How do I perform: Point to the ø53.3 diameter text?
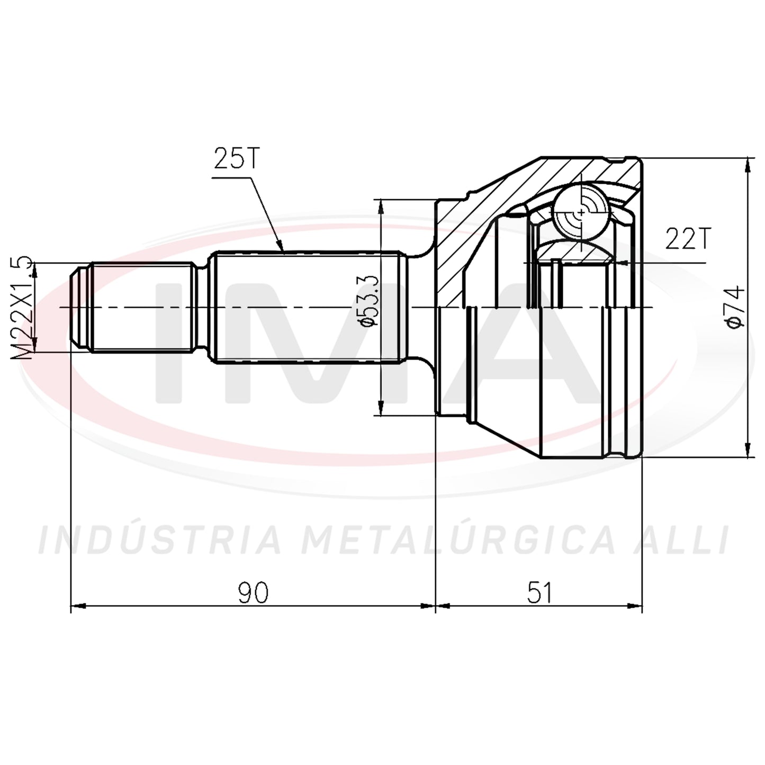367,300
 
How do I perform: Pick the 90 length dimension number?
253,593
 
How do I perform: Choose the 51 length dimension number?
539,593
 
